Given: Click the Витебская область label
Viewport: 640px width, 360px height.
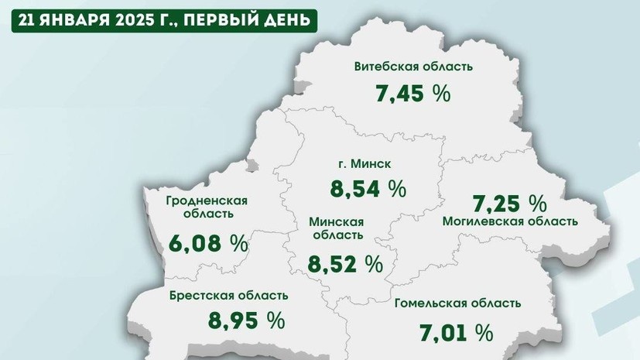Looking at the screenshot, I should click(x=413, y=67).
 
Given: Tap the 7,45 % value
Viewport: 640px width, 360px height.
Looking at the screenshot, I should click(x=413, y=94).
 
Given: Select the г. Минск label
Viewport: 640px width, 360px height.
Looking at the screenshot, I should click(x=368, y=164).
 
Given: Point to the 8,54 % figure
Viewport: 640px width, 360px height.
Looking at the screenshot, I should click(x=368, y=187).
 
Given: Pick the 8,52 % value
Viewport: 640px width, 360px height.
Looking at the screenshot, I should click(x=345, y=264).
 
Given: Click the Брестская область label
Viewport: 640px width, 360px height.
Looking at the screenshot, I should click(x=229, y=295).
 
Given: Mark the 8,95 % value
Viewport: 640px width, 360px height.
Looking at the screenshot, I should click(x=246, y=319).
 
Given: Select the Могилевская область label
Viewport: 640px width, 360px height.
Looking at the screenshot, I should click(x=510, y=221).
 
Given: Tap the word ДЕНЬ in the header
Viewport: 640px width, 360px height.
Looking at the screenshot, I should click(x=289, y=19).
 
